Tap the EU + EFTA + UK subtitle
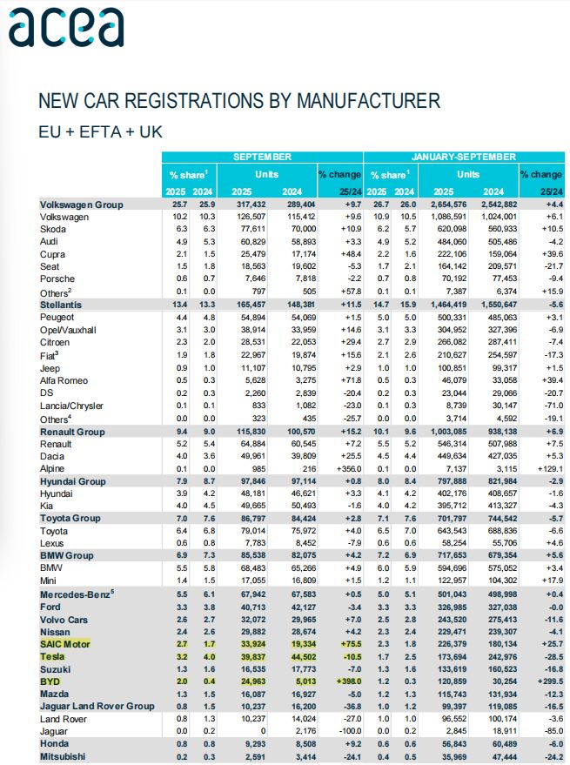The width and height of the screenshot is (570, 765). coord(100,132)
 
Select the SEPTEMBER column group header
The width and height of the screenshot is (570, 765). coord(262,157)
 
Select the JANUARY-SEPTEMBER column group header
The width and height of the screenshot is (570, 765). coord(463,157)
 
